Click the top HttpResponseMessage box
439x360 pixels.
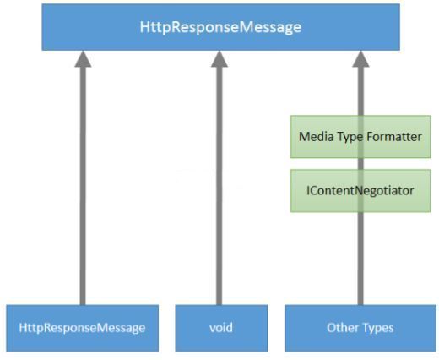pos(221,27)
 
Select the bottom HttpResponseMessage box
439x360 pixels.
pos(83,328)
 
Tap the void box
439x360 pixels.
pos(221,328)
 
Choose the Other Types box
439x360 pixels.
pos(360,328)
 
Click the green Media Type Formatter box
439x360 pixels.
pos(360,137)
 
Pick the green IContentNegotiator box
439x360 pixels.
pos(360,191)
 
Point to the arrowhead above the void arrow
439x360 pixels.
pos(219,59)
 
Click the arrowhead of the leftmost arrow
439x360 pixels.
pos(83,59)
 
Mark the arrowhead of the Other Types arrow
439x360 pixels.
pos(360,59)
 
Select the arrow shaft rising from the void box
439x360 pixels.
pos(219,186)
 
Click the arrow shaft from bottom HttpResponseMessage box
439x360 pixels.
pos(83,186)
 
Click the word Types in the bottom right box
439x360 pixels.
pos(377,329)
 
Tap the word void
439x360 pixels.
pos(221,328)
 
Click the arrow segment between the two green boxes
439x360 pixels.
pos(360,164)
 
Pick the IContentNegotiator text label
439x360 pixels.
pos(360,191)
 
